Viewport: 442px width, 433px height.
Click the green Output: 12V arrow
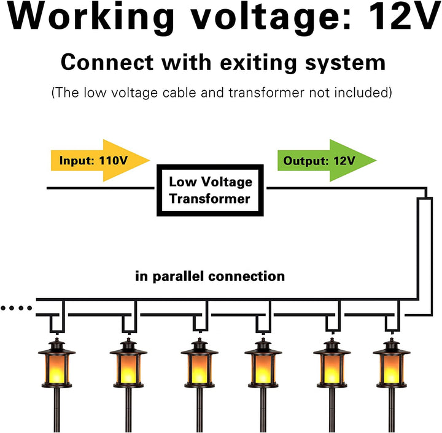coord(325,161)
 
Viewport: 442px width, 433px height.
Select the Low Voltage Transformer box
coord(211,190)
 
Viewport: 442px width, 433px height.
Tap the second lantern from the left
coord(128,368)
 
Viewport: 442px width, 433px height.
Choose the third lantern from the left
coord(200,368)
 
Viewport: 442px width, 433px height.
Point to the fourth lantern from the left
coord(263,368)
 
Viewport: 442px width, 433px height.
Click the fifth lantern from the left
coord(332,368)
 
